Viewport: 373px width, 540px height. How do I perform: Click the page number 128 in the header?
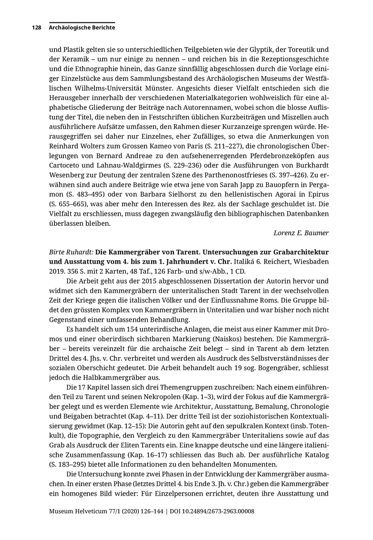pos(37,28)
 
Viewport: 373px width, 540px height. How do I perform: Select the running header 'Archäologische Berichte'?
pos(82,28)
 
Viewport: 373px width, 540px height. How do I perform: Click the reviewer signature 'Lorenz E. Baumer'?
pos(301,233)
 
